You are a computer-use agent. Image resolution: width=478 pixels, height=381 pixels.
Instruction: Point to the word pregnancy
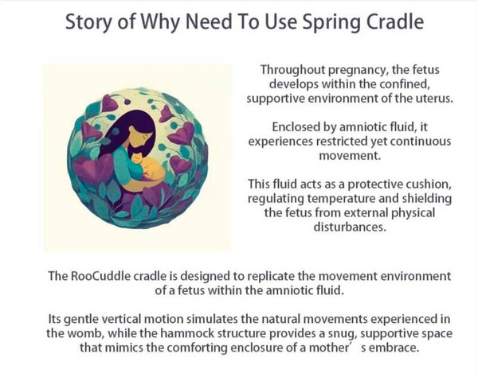coord(358,70)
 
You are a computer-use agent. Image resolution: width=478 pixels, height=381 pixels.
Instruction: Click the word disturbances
coord(350,227)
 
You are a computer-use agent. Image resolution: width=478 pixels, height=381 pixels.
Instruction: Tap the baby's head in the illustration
coord(138,158)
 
